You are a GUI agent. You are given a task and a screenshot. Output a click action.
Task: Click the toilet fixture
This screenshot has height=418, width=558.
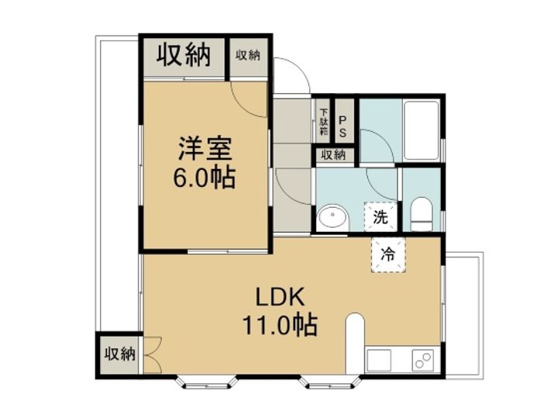[421, 214]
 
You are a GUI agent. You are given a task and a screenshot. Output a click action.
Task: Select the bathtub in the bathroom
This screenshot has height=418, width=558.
[421, 130]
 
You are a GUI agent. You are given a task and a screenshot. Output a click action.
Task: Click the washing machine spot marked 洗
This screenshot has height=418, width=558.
[381, 216]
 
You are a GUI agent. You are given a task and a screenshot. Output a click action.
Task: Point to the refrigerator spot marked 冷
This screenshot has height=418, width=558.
[388, 254]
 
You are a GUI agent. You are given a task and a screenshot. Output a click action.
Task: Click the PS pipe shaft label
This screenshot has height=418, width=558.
[343, 126]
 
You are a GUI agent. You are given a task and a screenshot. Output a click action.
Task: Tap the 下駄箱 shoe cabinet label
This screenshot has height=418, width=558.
[323, 122]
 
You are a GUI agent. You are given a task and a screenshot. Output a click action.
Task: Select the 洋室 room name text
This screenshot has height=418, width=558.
[205, 148]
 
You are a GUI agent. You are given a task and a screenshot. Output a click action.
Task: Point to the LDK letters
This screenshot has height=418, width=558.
[281, 297]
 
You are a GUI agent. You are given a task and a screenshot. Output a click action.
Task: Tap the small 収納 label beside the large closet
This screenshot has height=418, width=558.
[248, 55]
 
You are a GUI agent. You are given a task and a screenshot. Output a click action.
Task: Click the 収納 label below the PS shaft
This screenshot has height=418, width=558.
[333, 155]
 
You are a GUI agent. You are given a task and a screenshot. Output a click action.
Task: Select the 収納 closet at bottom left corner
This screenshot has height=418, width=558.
[119, 354]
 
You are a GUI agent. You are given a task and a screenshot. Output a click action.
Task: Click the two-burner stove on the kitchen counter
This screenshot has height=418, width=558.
[423, 360]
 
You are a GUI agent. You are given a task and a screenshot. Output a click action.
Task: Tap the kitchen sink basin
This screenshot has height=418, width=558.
[379, 360]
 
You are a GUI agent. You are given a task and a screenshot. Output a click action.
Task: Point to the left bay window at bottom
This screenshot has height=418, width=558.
[207, 382]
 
